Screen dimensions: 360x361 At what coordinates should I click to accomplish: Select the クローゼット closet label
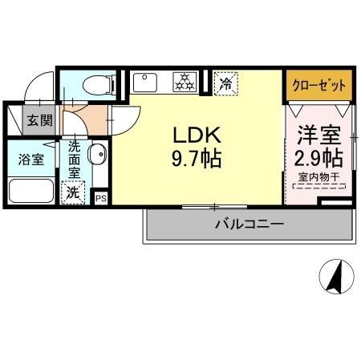tap(319, 84)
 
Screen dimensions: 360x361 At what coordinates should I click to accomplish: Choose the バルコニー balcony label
tap(249, 224)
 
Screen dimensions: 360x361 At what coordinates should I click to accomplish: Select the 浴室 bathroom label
tap(31, 158)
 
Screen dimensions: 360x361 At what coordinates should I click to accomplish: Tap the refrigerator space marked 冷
tap(227, 83)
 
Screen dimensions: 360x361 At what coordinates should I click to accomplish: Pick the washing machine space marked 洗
tap(72, 192)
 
